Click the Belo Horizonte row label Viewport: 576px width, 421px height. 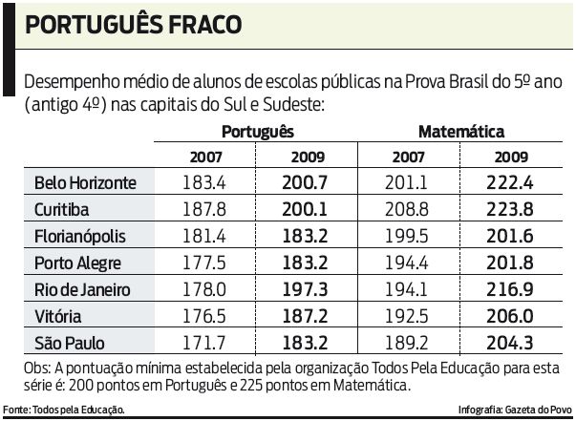coord(85,182)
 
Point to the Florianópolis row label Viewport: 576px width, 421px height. coord(79,236)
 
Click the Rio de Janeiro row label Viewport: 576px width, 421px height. coord(81,289)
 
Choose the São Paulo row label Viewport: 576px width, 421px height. coord(70,343)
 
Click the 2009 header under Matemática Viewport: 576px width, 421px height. coord(512,156)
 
